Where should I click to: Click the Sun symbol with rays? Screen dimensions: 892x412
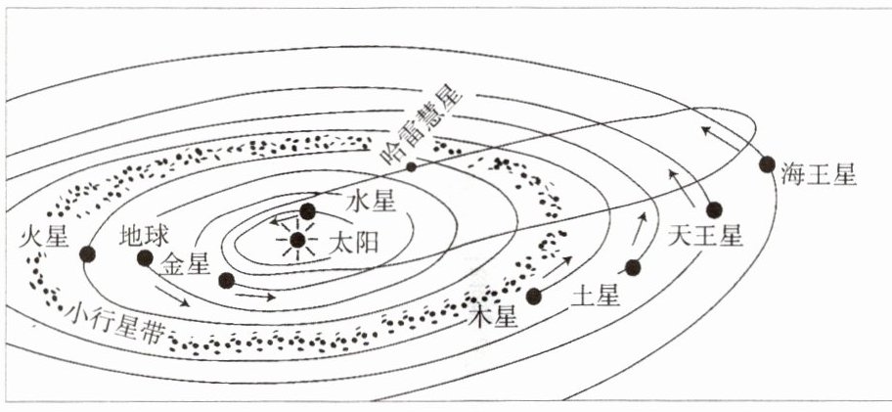click(297, 239)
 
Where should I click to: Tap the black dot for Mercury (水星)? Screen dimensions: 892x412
click(308, 210)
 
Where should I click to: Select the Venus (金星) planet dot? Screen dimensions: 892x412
click(226, 281)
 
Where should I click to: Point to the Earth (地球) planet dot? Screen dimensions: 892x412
click(146, 258)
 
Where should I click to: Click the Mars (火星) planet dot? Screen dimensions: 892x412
click(87, 253)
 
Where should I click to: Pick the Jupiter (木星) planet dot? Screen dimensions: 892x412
click(534, 296)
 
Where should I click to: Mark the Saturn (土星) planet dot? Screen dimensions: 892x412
click(633, 267)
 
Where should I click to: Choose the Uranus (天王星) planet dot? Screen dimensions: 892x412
click(714, 209)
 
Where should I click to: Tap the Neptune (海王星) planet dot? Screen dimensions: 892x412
click(768, 164)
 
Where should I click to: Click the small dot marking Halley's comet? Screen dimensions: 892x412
click(412, 166)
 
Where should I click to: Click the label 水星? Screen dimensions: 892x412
click(371, 203)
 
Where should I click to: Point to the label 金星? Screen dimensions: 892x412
click(186, 263)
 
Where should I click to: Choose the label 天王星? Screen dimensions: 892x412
click(707, 237)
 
